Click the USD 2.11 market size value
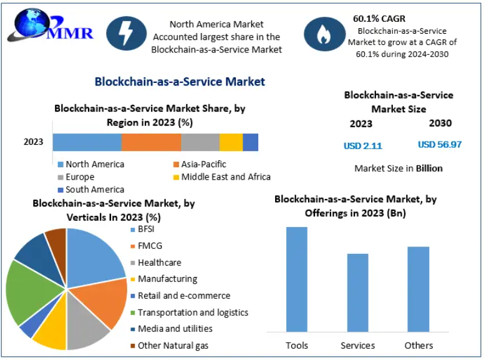tap(362, 145)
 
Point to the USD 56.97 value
tap(440, 144)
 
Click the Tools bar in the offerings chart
tap(297, 279)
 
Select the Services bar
tap(357, 293)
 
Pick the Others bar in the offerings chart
tap(419, 289)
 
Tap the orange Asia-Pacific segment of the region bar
tap(151, 142)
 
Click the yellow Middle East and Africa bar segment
tap(231, 142)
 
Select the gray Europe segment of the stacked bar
tap(200, 142)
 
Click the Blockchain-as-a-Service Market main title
tap(180, 82)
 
